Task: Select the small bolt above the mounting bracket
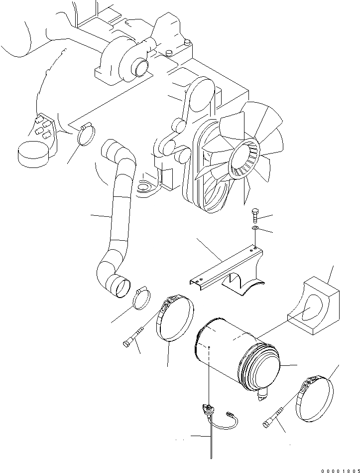tap(255, 215)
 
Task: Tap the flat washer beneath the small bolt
tap(255, 228)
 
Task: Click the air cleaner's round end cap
tap(263, 366)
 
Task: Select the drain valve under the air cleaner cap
tap(262, 396)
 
